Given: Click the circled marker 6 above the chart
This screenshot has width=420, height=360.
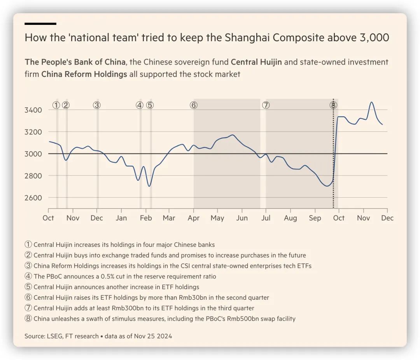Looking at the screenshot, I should tap(194, 105).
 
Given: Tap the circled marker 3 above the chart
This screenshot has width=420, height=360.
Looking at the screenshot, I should tap(97, 105).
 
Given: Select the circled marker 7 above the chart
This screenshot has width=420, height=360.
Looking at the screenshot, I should tap(266, 105).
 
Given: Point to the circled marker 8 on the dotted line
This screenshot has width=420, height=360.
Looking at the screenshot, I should tap(333, 105).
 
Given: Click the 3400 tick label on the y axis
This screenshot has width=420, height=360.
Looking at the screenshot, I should tap(33, 110).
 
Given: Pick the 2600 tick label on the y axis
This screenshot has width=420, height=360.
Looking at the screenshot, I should tap(33, 197).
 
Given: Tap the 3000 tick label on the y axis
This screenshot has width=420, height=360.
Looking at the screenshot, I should tap(33, 154).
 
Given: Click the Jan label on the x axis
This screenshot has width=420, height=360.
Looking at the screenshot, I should tap(121, 218).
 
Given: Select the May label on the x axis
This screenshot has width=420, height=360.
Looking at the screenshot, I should tap(217, 218).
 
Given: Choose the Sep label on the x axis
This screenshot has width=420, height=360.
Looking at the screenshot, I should tap(315, 218).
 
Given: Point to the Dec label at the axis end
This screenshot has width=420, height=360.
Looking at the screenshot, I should tap(387, 218).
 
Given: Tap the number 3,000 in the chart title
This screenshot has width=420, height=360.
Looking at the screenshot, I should tap(373, 38).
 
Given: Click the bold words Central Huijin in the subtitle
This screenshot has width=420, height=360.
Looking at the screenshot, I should tap(256, 62).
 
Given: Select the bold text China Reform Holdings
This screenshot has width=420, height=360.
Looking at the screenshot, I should tap(84, 74).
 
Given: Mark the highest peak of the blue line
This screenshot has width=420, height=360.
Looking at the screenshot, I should tap(371, 102).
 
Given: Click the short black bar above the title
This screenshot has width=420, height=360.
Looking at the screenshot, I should tap(40, 24).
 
